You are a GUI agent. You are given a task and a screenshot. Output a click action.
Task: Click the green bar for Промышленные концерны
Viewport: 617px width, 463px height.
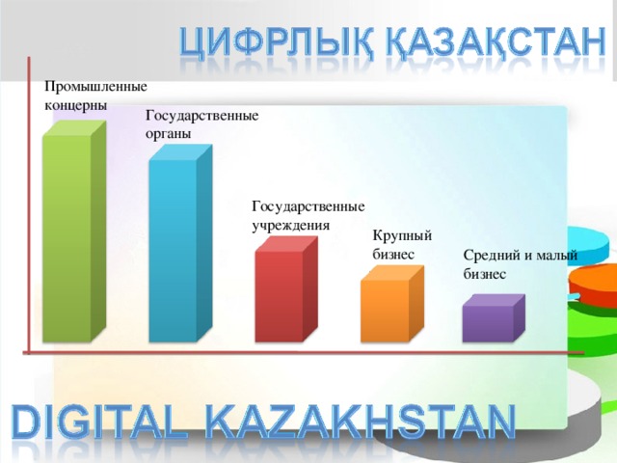pos(68,236)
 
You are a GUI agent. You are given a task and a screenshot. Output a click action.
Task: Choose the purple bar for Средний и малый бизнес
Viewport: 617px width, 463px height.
pos(488,323)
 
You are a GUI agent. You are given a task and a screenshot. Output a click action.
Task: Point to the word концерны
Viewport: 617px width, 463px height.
pos(76,103)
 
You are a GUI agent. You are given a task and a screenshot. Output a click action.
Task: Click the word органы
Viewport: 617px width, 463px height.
pos(169,133)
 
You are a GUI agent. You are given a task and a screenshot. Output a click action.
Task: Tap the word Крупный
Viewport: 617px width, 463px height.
pos(402,235)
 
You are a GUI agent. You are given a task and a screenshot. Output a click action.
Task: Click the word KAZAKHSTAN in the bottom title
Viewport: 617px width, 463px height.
pos(364,422)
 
